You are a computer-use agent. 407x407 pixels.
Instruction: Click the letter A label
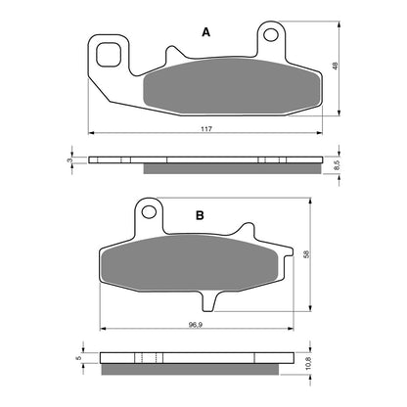[x=205, y=32]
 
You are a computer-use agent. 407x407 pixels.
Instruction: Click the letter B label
[x=199, y=214]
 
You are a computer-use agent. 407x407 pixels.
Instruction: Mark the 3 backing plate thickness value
[x=69, y=159]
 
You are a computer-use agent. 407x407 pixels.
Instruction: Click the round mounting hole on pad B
[x=149, y=209]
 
